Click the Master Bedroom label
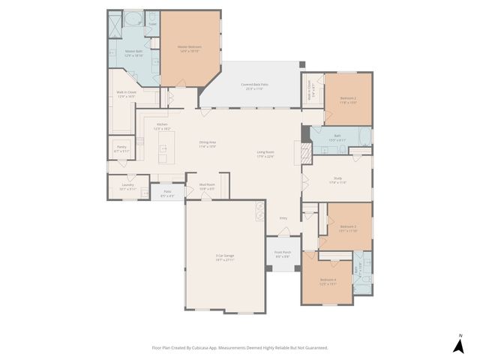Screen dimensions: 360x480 (x=189, y=47)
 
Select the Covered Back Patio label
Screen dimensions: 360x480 (x=254, y=85)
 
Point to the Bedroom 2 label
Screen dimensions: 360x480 (x=348, y=99)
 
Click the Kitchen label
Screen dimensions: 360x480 (x=162, y=125)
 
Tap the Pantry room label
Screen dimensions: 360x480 (x=121, y=148)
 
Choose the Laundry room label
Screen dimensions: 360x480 (x=127, y=186)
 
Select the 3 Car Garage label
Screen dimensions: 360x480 (x=225, y=257)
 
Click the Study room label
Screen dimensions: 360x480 (x=338, y=180)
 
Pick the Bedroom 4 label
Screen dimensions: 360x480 (x=328, y=283)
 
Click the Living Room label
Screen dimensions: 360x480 (x=265, y=154)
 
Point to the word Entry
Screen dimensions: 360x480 (x=283, y=218)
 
